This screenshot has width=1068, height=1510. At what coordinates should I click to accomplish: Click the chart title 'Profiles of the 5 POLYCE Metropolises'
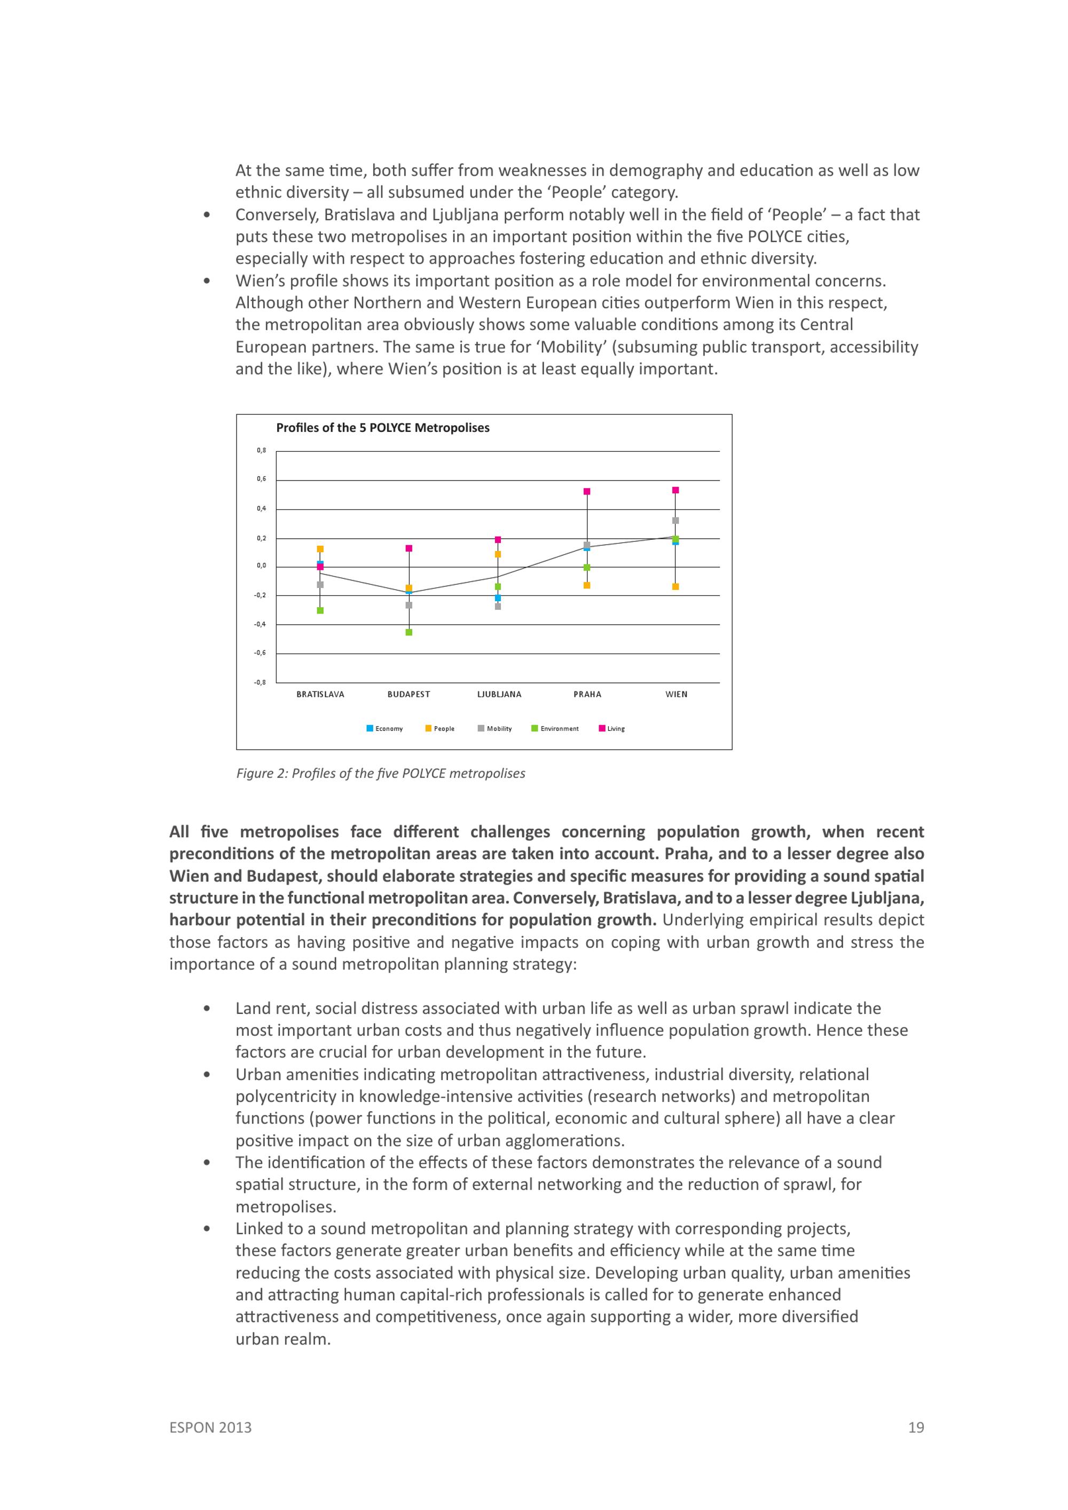[382, 428]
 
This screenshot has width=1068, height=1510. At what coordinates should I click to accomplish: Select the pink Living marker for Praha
[587, 491]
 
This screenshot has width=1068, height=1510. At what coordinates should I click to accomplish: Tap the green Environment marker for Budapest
[409, 632]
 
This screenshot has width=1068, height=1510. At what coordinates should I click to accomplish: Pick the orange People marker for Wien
[676, 587]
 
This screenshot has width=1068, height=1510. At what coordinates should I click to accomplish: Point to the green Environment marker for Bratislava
[320, 610]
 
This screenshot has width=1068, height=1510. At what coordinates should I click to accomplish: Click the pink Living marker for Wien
[676, 490]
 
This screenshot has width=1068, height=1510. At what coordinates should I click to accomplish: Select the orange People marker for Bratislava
[320, 548]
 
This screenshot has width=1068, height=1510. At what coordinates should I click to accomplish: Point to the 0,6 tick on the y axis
[262, 479]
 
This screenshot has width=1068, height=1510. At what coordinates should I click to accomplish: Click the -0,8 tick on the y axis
[261, 682]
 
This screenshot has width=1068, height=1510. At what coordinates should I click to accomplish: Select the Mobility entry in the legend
[495, 729]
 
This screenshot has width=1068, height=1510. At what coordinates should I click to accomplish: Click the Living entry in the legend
[612, 729]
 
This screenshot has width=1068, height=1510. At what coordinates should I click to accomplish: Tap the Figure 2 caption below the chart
[381, 773]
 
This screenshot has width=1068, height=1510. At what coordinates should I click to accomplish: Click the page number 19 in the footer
[916, 1427]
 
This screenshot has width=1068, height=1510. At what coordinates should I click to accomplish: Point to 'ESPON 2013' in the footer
[210, 1427]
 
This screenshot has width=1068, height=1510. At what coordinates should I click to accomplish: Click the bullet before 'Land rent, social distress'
[207, 1008]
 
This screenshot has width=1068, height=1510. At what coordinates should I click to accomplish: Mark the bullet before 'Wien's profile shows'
[207, 281]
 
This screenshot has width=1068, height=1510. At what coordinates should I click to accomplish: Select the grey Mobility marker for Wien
[676, 520]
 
